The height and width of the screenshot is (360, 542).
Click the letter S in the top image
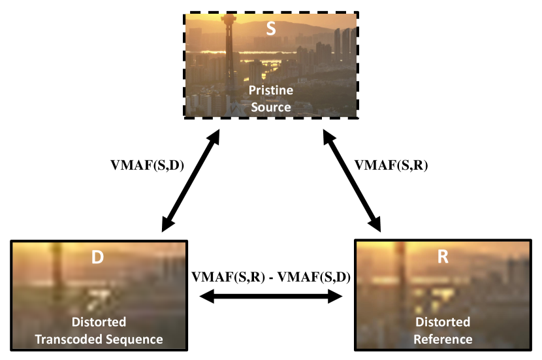tap(272, 29)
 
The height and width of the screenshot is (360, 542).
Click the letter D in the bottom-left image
tap(97, 257)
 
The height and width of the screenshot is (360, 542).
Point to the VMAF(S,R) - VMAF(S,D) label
tap(271, 276)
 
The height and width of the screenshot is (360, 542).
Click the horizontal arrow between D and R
tap(271, 297)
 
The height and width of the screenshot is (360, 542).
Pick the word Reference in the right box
tap(443, 338)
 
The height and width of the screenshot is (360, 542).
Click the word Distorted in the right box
tap(443, 322)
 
